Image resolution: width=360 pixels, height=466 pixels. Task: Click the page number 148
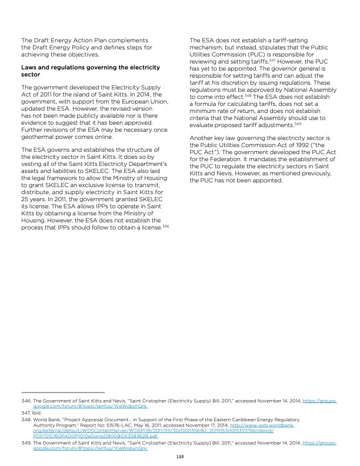pos(180,455)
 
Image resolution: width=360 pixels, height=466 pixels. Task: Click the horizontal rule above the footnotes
pos(62,392)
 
